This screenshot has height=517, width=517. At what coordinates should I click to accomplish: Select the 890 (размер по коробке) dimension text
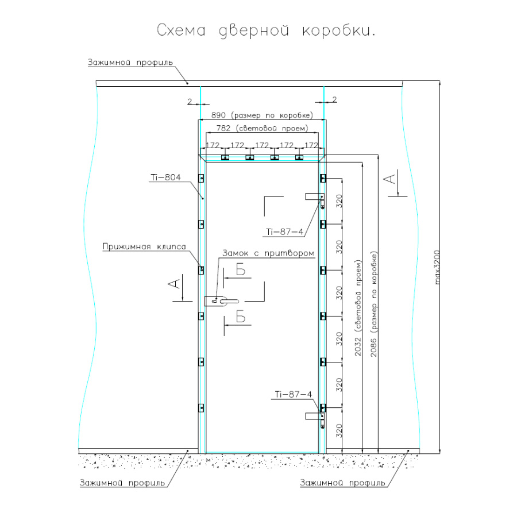[x=262, y=114]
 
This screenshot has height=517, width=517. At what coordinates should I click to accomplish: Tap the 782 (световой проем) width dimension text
[x=262, y=128]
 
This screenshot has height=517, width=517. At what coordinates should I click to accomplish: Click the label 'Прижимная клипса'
[x=144, y=247]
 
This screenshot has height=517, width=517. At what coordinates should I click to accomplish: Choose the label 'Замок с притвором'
[x=268, y=253]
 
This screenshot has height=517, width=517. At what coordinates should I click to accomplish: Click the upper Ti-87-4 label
[x=284, y=232]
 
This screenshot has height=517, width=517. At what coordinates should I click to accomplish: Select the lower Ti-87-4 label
[x=293, y=394]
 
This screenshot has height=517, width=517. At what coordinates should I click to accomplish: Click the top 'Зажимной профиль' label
[x=130, y=63]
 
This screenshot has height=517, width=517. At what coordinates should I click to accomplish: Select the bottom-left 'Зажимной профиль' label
[x=122, y=483]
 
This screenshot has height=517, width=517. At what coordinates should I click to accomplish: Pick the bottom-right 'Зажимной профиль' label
[x=342, y=483]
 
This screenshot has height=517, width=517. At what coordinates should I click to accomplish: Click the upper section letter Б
[x=241, y=271]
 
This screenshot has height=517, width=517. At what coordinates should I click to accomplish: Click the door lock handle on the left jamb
[x=221, y=300]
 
